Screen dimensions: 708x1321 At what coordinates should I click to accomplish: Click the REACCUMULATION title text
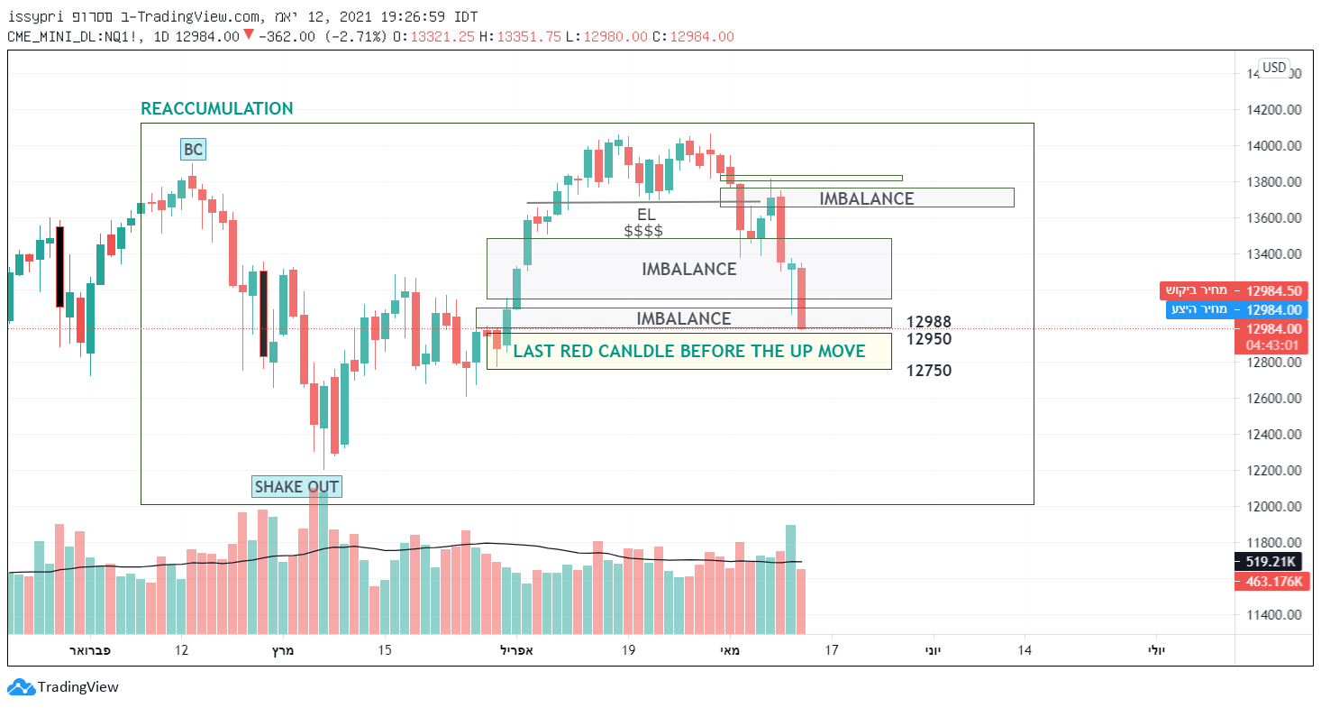(217, 109)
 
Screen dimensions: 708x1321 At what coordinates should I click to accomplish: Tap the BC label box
(192, 150)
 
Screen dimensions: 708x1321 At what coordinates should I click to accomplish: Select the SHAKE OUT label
(296, 488)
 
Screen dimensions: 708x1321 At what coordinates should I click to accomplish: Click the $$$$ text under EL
(643, 231)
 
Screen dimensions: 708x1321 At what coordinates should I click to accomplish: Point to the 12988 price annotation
(929, 322)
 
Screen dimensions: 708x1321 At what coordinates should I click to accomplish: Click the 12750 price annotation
(929, 371)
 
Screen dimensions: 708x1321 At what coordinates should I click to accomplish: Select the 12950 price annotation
(929, 339)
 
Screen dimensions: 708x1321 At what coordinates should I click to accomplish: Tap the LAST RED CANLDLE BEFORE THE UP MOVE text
(688, 352)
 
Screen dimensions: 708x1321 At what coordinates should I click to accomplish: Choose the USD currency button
(1274, 68)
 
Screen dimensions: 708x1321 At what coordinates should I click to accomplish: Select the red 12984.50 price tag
(1232, 290)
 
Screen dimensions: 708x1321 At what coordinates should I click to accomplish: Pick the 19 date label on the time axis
(628, 650)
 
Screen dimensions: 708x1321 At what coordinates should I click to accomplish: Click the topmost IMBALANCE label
(866, 198)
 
